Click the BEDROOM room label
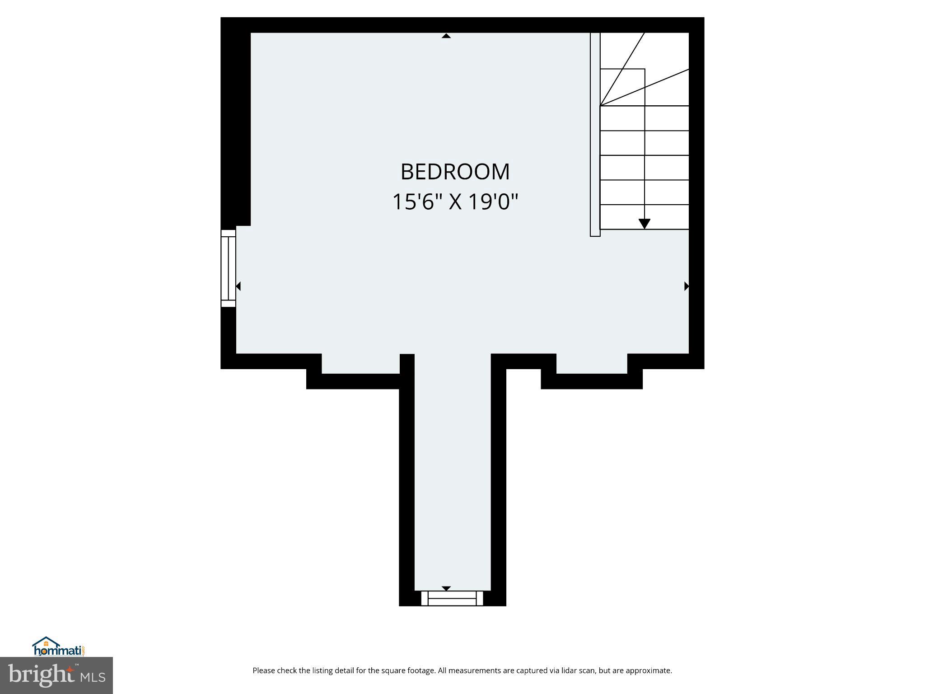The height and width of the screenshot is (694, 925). pyautogui.click(x=455, y=172)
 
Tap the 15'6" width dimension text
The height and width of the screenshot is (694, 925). pyautogui.click(x=413, y=202)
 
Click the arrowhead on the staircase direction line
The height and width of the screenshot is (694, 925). pyautogui.click(x=645, y=224)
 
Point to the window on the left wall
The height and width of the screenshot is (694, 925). pyautogui.click(x=228, y=268)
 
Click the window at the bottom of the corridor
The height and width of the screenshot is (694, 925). pyautogui.click(x=452, y=598)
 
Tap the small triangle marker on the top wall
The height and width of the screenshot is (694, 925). pyautogui.click(x=446, y=36)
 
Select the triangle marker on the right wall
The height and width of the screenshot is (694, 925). pyautogui.click(x=687, y=286)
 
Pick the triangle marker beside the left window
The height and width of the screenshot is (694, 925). pyautogui.click(x=238, y=286)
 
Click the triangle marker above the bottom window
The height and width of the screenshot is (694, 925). pyautogui.click(x=446, y=588)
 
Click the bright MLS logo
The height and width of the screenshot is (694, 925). pyautogui.click(x=56, y=675)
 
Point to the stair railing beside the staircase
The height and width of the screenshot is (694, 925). pyautogui.click(x=595, y=134)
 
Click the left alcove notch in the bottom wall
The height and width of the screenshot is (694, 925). pyautogui.click(x=360, y=364)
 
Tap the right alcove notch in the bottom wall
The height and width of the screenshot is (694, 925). pyautogui.click(x=592, y=364)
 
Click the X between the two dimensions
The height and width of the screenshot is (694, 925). pyautogui.click(x=455, y=202)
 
